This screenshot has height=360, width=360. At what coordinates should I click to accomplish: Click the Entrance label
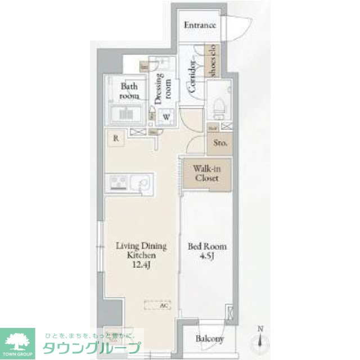(x=200, y=25)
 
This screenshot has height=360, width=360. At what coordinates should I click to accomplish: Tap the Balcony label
(x=210, y=339)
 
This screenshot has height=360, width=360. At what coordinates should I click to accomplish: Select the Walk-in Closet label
(x=205, y=174)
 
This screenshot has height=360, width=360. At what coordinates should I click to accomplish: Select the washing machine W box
(x=166, y=118)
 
